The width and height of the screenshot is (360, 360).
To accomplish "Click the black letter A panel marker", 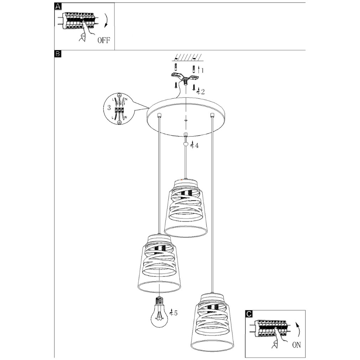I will coord(58,6).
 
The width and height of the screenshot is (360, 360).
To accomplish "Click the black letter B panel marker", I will coord(58,54).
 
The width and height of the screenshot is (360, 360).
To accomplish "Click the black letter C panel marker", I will coord(249,314).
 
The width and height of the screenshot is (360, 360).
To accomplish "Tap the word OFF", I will coord(104,40).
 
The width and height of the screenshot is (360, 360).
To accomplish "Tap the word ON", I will coord(296,345).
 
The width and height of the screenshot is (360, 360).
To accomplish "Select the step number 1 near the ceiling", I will coord(202,70).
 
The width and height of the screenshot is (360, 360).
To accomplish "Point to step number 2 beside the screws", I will coord(203,92).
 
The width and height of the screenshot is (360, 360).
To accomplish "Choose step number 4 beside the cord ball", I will coord(197,145).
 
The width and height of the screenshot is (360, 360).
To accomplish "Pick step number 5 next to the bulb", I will coord(175,313).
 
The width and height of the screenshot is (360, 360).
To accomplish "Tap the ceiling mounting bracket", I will coord(184,77).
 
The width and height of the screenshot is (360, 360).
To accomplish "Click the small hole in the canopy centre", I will coord(185,120).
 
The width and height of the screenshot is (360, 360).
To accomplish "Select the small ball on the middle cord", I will coord(185,144).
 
